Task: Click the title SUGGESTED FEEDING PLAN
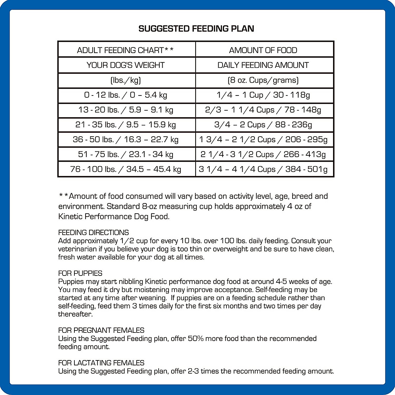[196, 29]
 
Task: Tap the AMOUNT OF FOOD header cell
[263, 50]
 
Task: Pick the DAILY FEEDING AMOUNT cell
[263, 65]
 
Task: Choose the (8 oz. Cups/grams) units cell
[263, 80]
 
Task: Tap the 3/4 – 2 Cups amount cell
[263, 125]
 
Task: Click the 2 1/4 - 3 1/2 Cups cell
[263, 154]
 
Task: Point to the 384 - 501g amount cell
[263, 169]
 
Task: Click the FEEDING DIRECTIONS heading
[93, 232]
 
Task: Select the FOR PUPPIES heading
[80, 273]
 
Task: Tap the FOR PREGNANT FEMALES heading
[101, 330]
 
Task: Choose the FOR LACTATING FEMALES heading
[101, 363]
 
